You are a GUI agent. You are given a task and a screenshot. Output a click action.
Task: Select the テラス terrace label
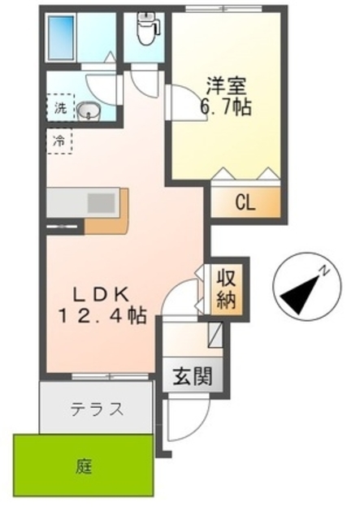[x=96, y=408]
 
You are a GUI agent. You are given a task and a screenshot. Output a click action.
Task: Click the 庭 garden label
[x=84, y=466]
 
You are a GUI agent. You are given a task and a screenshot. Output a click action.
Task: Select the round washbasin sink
[x=88, y=110]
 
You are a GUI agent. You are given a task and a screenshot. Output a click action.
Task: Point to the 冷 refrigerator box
[x=59, y=140]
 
